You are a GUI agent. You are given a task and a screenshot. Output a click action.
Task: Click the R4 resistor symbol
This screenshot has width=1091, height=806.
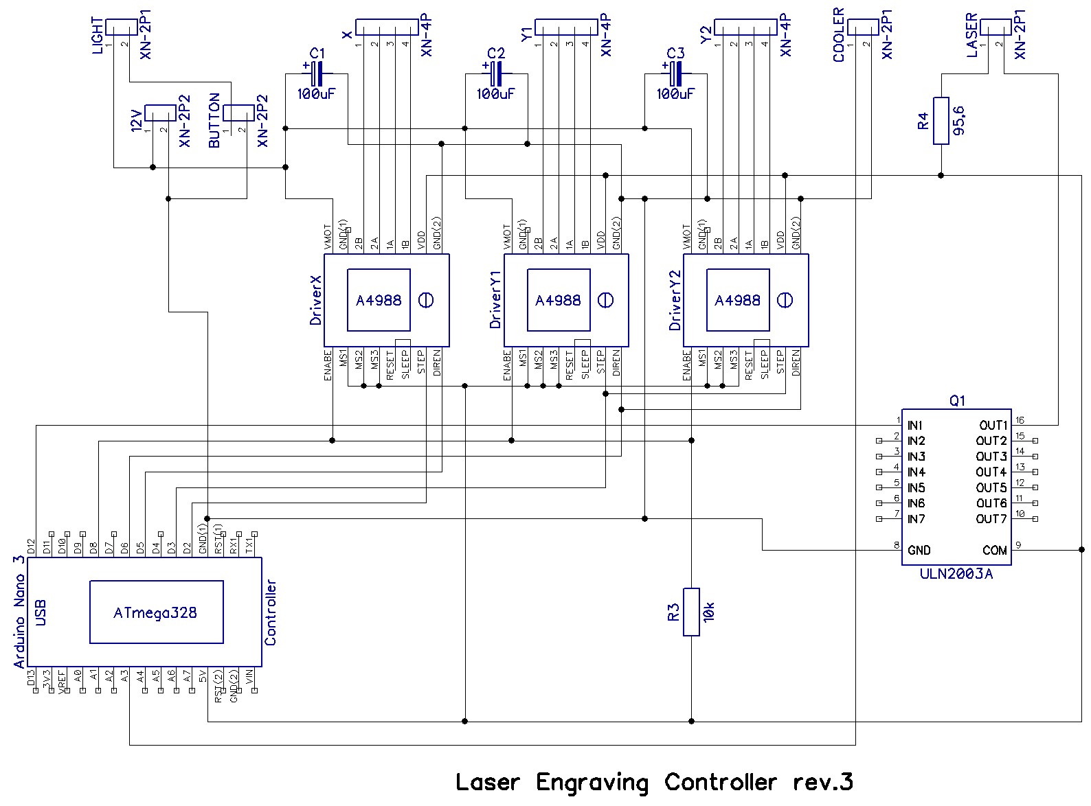(x=941, y=121)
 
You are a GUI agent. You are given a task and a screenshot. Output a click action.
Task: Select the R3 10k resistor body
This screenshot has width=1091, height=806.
(x=691, y=612)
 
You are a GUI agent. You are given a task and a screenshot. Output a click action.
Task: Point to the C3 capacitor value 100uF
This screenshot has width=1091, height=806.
(x=675, y=94)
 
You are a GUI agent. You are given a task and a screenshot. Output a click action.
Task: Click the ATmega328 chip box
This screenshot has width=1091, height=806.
(x=156, y=612)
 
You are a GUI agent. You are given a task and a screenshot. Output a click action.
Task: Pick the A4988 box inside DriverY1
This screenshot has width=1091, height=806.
(x=558, y=300)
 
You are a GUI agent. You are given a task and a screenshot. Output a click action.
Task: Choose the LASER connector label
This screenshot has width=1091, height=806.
(x=971, y=36)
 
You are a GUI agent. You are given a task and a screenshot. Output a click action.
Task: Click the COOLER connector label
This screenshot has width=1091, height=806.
(x=839, y=36)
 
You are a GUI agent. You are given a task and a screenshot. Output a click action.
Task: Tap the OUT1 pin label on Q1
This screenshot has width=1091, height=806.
(x=993, y=426)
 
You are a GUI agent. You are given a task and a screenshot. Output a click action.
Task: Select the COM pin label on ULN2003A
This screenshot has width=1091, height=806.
(x=994, y=551)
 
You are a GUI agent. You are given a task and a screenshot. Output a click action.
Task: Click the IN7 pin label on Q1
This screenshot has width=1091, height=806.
(x=916, y=519)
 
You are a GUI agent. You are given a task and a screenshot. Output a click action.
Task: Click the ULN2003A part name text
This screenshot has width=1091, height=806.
(x=956, y=574)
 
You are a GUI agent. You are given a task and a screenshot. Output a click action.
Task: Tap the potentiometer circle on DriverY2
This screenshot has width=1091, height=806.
(x=785, y=300)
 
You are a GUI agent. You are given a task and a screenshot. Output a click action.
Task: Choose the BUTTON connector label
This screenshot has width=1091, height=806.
(x=214, y=121)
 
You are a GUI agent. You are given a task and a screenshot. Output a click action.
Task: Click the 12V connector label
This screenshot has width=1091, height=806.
(x=137, y=120)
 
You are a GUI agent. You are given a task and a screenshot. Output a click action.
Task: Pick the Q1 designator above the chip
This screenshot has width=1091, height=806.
(x=956, y=401)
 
